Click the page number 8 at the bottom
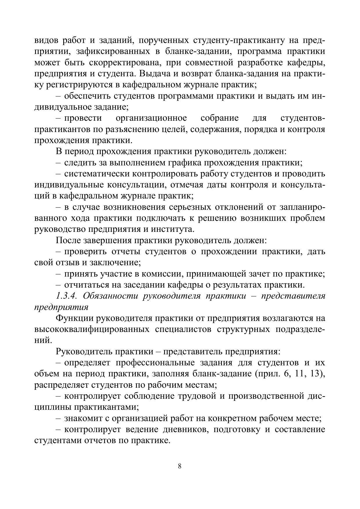tap(180, 466)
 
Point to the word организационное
tap(151, 118)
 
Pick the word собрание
tap(220, 118)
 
